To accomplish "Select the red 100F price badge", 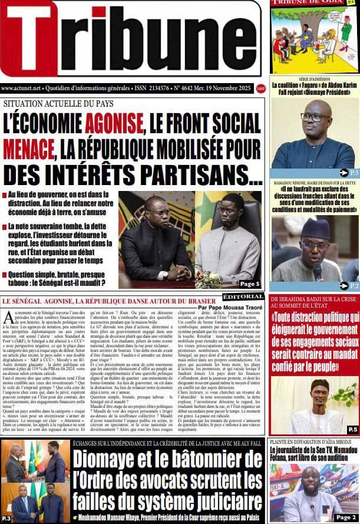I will (260, 88).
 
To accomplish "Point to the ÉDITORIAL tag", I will (243, 296).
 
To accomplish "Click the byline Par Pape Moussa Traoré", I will (230, 307).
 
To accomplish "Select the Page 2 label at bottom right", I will (345, 517).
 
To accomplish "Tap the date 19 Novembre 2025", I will (224, 88).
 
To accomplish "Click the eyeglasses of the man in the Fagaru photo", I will (315, 117).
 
